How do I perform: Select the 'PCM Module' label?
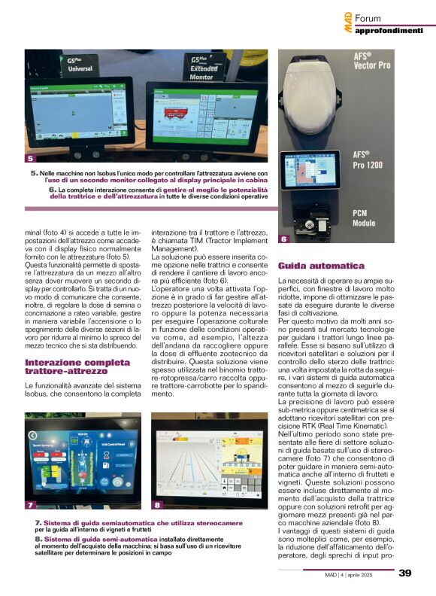click(365, 218)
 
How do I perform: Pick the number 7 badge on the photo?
click(30, 505)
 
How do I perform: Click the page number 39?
click(404, 573)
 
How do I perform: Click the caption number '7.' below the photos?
click(38, 522)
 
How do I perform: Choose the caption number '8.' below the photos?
click(38, 540)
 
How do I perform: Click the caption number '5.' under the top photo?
click(35, 173)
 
